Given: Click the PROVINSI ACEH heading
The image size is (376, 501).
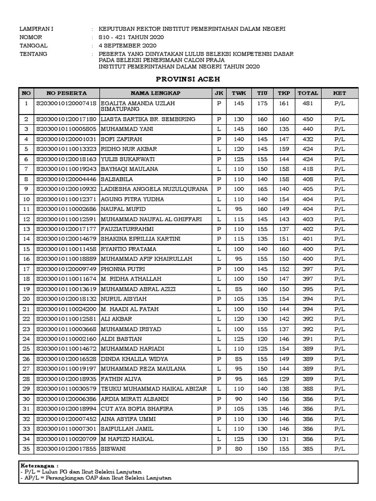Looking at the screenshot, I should tap(188, 79).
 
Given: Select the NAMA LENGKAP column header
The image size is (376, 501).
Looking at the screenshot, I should tap(156, 93).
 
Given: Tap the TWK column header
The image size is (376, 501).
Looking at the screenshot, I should tap(238, 93).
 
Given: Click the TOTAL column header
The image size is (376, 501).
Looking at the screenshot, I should tap(307, 93).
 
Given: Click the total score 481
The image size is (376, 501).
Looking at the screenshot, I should tap(307, 104).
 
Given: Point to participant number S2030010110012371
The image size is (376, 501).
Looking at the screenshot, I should tap(66, 199).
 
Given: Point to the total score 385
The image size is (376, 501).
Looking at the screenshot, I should tap(307, 449).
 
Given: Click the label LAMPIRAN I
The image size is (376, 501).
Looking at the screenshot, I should tap(37, 29).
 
